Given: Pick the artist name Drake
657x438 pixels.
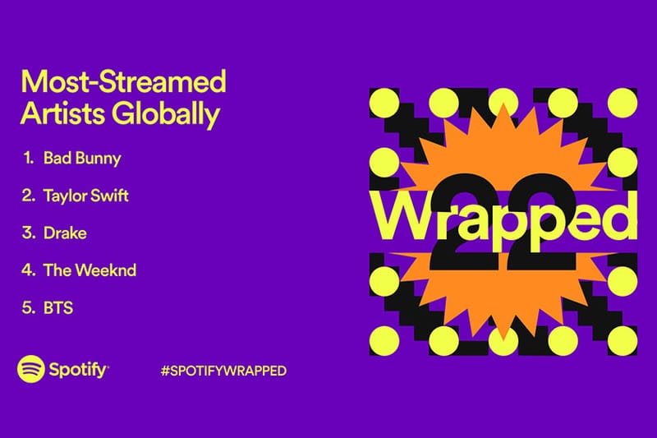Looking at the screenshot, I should (x=66, y=233).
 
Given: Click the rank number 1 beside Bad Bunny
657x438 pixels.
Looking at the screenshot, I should (x=28, y=158).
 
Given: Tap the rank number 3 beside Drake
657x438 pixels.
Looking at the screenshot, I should (x=27, y=233).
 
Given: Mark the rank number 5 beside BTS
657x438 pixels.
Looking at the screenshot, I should (x=27, y=308).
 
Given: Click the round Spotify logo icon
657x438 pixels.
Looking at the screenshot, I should (x=31, y=369).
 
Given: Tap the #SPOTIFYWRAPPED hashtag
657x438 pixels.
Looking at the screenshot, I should (x=223, y=371).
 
